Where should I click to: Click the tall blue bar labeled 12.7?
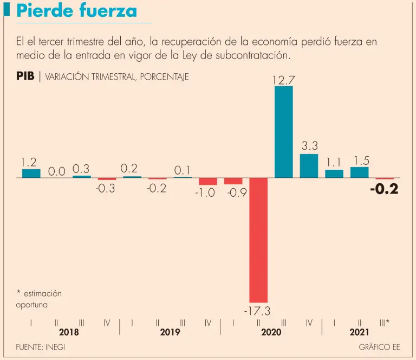pyautogui.click(x=284, y=132)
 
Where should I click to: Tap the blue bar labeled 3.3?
pyautogui.click(x=309, y=166)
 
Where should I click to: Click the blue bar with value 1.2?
pyautogui.click(x=31, y=173)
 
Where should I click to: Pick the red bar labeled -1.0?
pyautogui.click(x=208, y=182)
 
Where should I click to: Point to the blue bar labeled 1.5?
pyautogui.click(x=359, y=172)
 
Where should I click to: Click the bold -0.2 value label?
pyautogui.click(x=384, y=190)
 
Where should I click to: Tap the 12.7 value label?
pyautogui.click(x=283, y=80)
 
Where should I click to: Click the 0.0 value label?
pyautogui.click(x=56, y=171)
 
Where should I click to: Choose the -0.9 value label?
pyautogui.click(x=233, y=193)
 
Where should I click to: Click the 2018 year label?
pyautogui.click(x=69, y=332)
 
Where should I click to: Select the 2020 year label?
pyautogui.click(x=271, y=332)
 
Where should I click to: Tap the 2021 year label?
pyautogui.click(x=359, y=332)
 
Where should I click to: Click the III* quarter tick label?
pyautogui.click(x=385, y=323)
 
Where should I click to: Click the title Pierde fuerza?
pyautogui.click(x=76, y=11)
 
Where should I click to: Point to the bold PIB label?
pyautogui.click(x=25, y=76)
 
